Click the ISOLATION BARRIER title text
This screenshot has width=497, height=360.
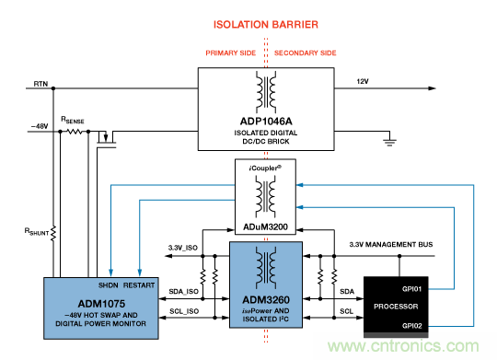(x=266, y=24)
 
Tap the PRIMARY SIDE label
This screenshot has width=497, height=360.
(x=224, y=52)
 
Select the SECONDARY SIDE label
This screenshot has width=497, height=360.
(x=310, y=52)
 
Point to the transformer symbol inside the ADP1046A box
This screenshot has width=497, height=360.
(x=265, y=92)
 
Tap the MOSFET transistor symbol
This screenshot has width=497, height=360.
(x=108, y=137)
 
